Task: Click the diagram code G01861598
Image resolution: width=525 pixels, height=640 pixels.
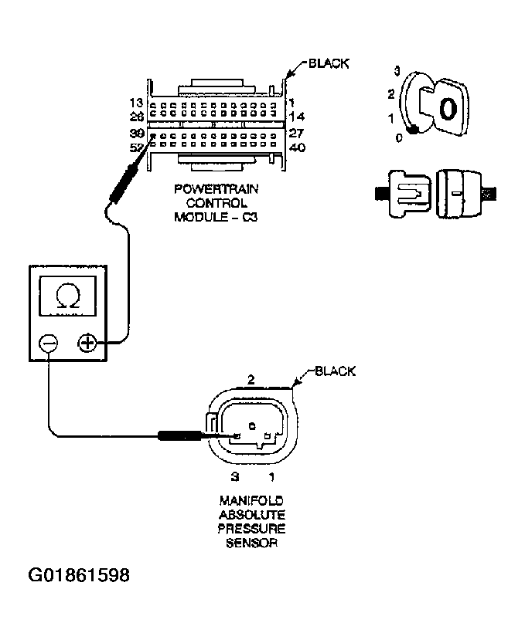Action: click(78, 575)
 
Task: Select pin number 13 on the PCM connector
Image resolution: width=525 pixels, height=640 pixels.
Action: click(136, 103)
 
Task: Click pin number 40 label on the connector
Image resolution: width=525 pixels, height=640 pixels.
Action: click(296, 147)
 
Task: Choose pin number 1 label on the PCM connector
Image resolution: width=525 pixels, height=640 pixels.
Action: click(291, 103)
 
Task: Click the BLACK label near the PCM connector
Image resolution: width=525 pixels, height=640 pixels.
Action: click(329, 63)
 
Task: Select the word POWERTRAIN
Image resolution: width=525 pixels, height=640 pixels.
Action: click(216, 188)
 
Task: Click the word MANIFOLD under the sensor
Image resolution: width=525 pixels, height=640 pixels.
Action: click(250, 501)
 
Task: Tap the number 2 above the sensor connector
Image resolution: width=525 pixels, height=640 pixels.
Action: click(250, 379)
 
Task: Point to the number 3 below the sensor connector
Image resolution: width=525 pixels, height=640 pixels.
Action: click(234, 477)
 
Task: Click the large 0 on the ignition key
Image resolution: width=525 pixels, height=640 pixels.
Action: click(447, 109)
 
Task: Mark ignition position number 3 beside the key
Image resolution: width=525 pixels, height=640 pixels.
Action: click(397, 72)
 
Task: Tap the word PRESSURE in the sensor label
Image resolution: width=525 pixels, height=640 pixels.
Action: click(251, 529)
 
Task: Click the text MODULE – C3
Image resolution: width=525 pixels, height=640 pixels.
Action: click(215, 218)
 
